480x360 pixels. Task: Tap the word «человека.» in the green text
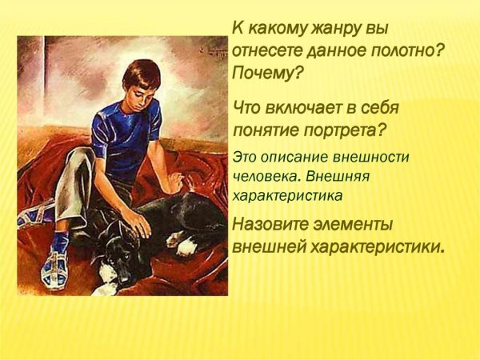[263, 175]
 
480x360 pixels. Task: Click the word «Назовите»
[271, 224]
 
